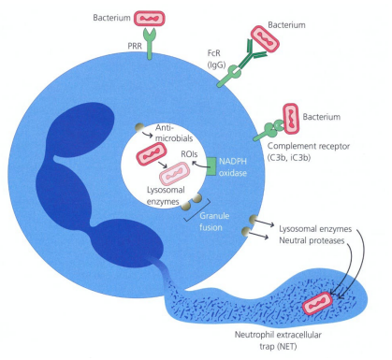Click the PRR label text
(120, 43)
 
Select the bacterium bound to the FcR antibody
(265, 43)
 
